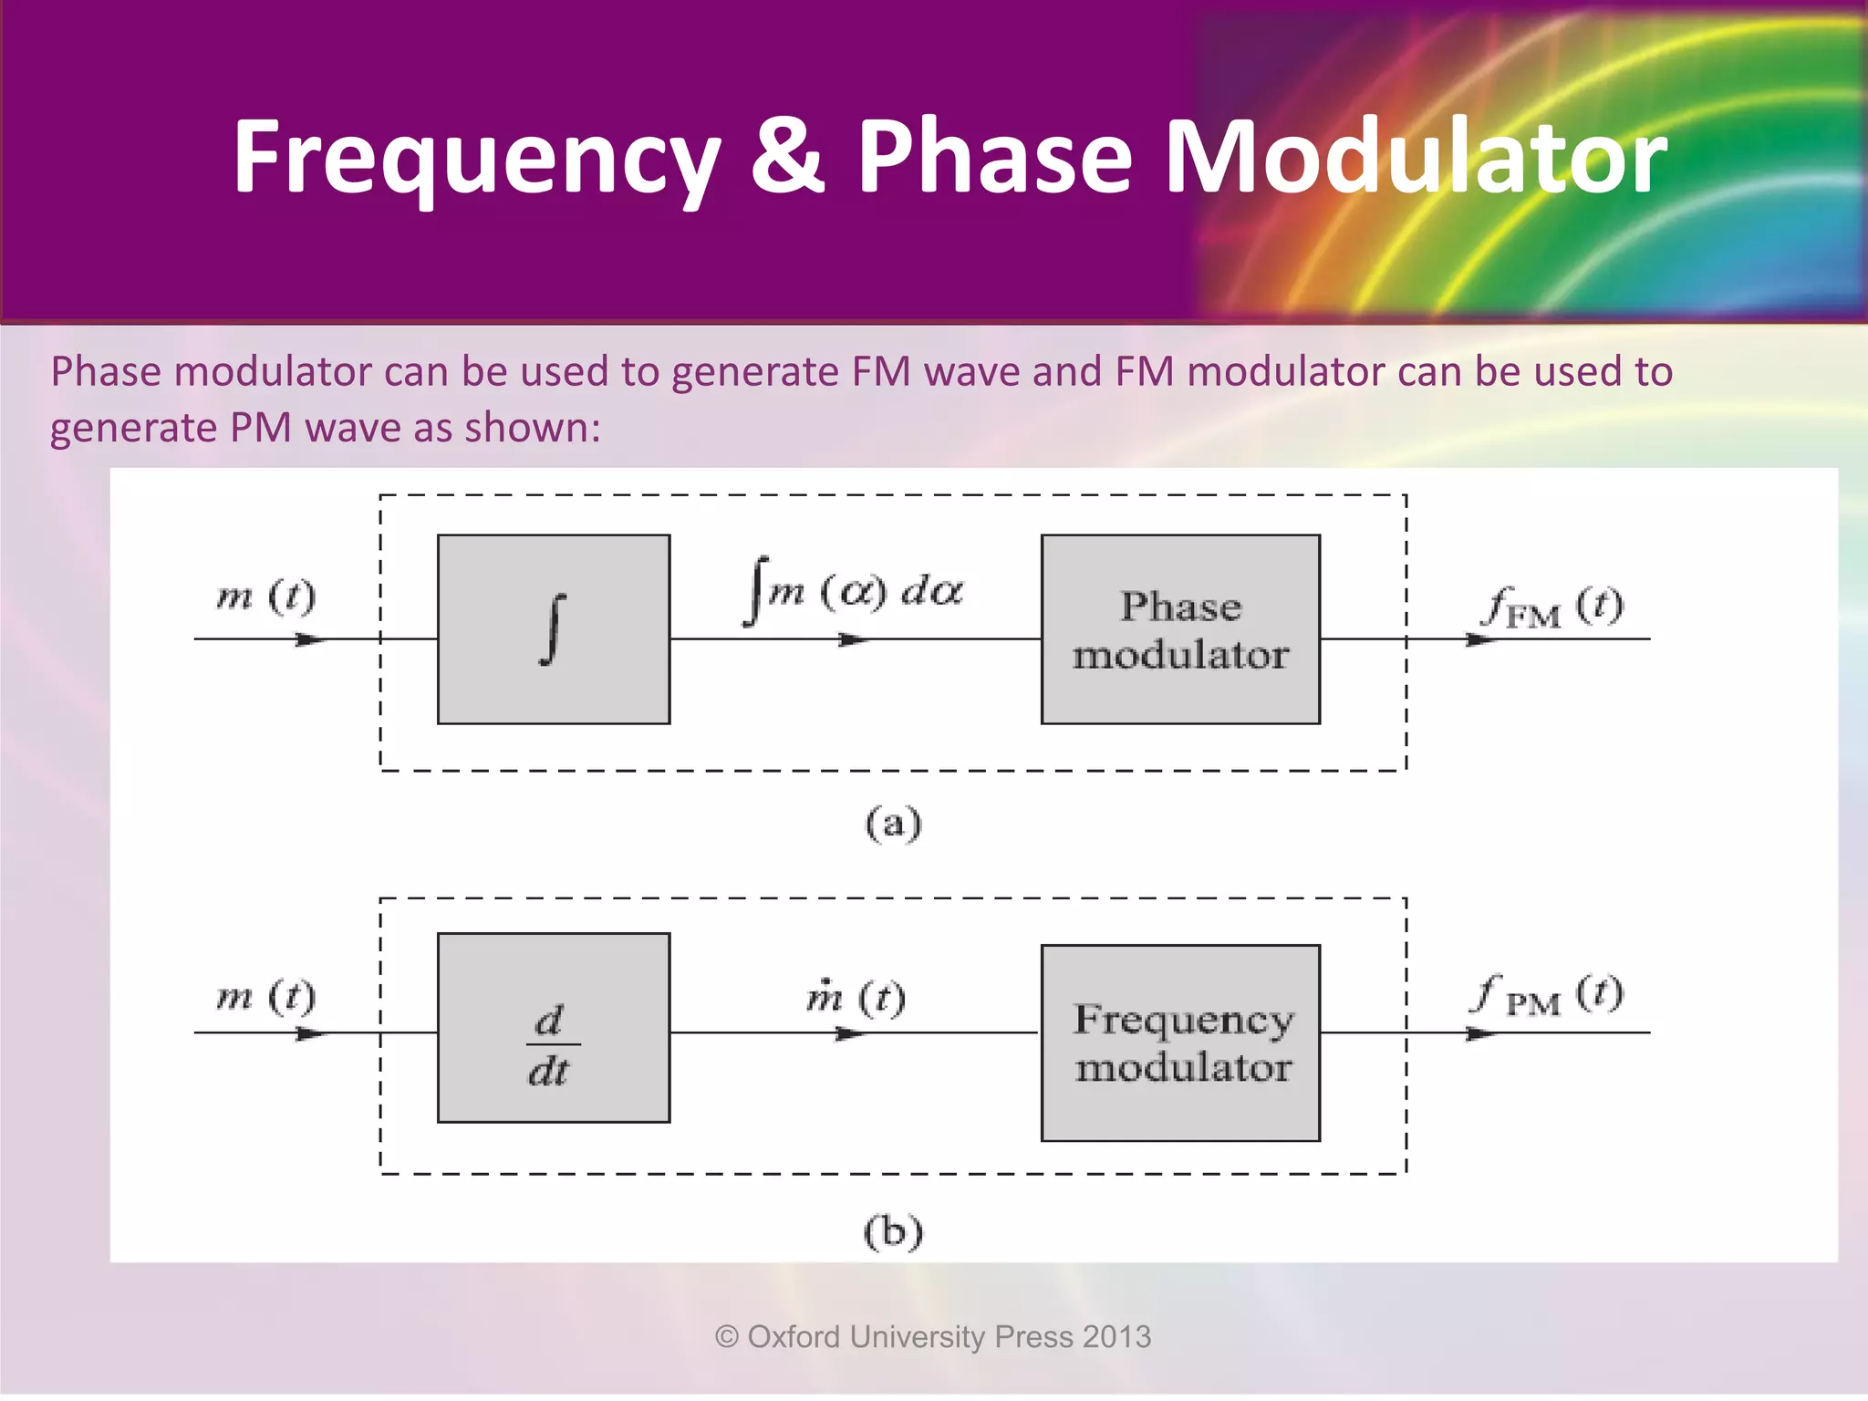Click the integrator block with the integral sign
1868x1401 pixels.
tap(554, 629)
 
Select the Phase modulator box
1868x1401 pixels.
tap(1180, 629)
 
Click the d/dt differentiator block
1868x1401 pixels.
tap(554, 1028)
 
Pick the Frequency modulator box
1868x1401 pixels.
tap(1180, 1043)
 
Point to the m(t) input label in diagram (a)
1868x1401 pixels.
tap(265, 597)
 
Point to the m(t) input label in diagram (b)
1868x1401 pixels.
tap(265, 996)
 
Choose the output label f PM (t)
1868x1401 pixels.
tap(1548, 995)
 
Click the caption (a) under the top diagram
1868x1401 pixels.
tap(893, 824)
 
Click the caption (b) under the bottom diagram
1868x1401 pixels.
tap(893, 1232)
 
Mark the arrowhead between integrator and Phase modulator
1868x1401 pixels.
tap(854, 640)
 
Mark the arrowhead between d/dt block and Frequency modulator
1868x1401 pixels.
tap(850, 1033)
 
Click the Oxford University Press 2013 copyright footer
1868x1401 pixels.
tap(933, 1336)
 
